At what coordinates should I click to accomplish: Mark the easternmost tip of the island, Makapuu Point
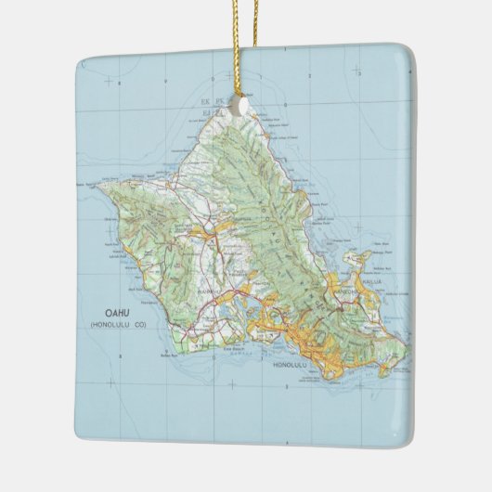tap(407, 351)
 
